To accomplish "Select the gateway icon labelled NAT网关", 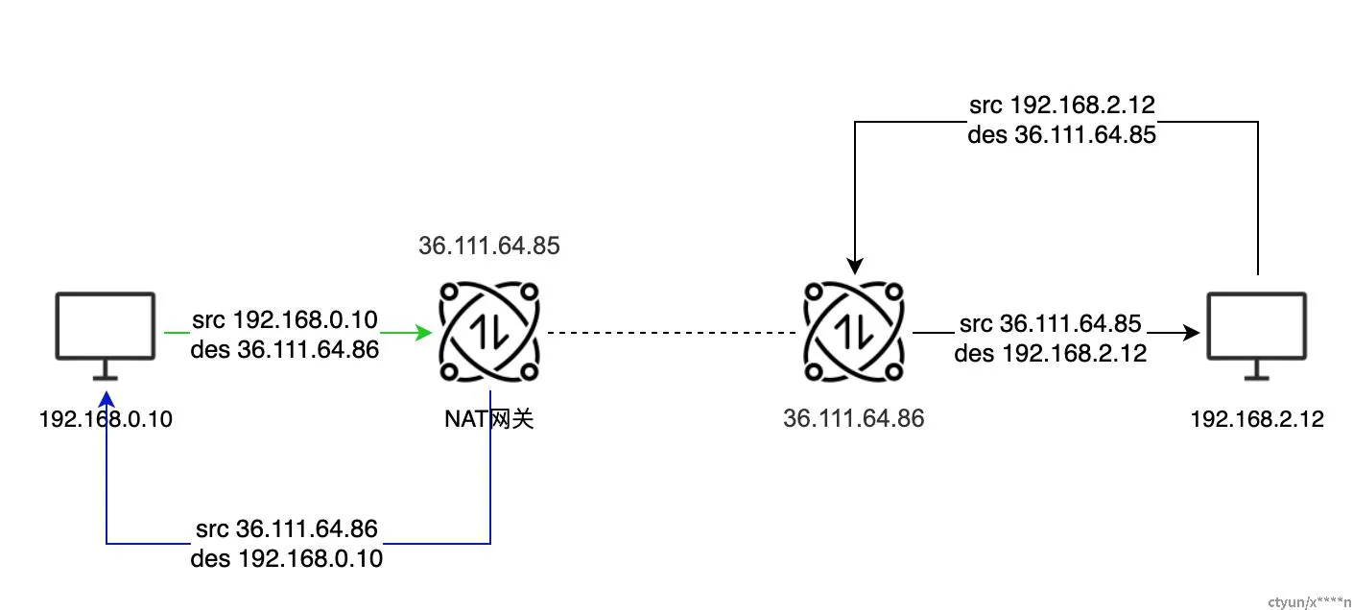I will pos(489,332).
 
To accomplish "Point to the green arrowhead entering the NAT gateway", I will pos(424,333).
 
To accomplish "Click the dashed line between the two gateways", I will pos(672,333).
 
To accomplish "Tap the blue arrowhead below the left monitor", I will pos(107,397).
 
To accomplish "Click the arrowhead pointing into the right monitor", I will pos(1193,333).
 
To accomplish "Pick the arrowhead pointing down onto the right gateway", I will pos(854,266).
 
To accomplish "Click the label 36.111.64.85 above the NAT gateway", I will pos(489,246).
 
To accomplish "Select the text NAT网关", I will pos(489,419).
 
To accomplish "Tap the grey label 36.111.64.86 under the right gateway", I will pos(854,418).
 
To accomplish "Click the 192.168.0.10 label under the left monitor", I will pos(106,419).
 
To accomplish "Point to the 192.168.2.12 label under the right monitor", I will pos(1257,419).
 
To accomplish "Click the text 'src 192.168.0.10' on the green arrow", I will pos(285,319).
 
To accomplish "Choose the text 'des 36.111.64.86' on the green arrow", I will pos(285,350).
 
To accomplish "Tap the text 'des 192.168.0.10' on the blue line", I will pos(287,558).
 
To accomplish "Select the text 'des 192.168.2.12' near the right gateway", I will pos(1051,353).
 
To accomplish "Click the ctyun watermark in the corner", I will pos(1309,601).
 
